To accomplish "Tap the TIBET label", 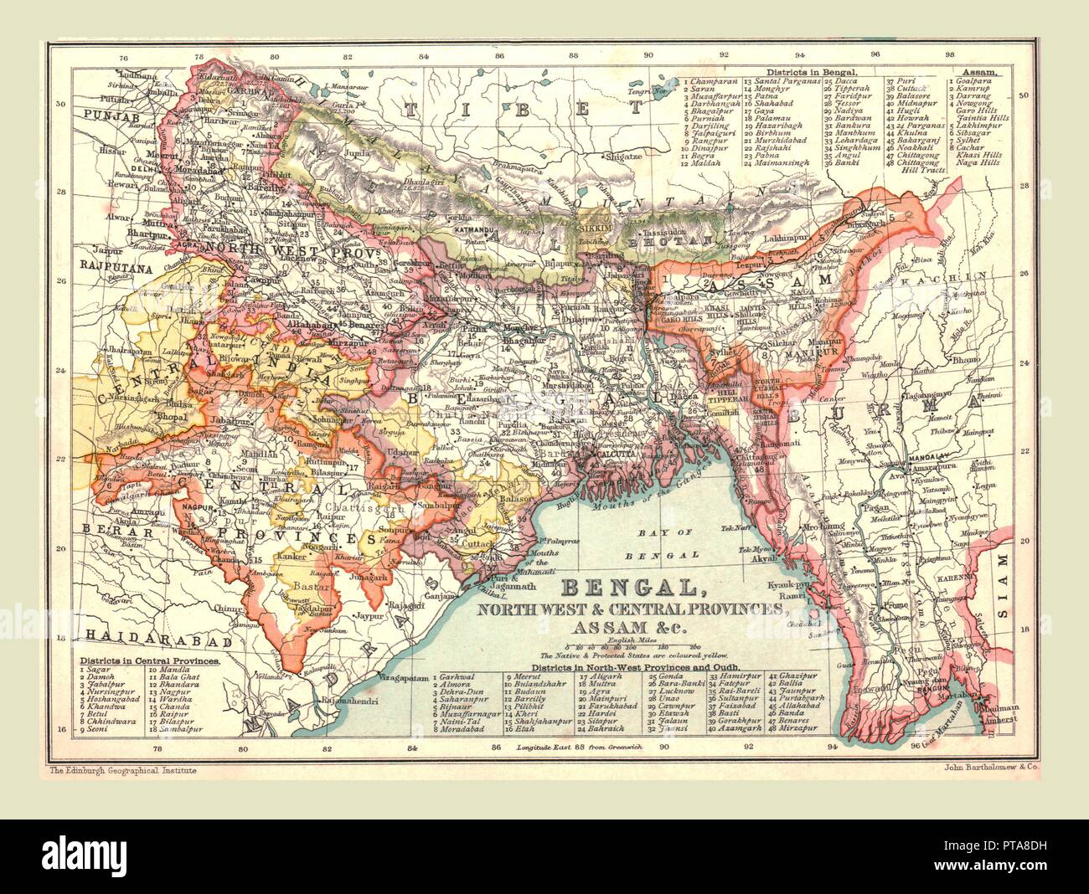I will (x=524, y=108).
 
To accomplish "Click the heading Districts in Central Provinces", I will (x=150, y=660).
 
